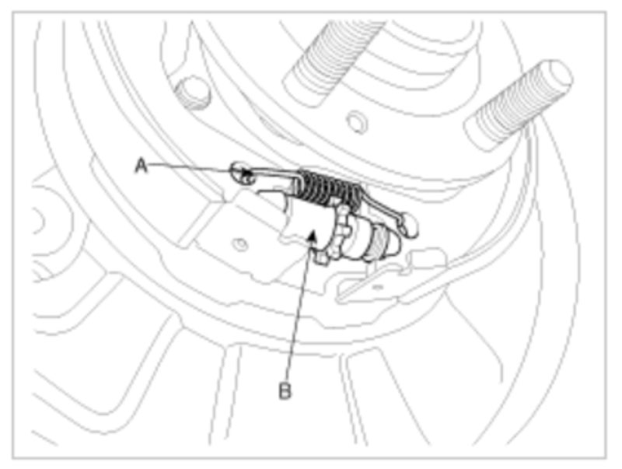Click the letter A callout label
pyautogui.click(x=142, y=166)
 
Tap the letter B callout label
pyautogui.click(x=285, y=390)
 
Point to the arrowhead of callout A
pyautogui.click(x=246, y=172)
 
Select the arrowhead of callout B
pyautogui.click(x=313, y=236)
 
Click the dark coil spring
pyautogui.click(x=328, y=188)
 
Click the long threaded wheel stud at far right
pyautogui.click(x=519, y=105)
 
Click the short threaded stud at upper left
pyautogui.click(x=193, y=93)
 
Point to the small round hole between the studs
pyautogui.click(x=357, y=121)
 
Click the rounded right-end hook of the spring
pyautogui.click(x=409, y=224)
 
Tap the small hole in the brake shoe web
pyautogui.click(x=240, y=243)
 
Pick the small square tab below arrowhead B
pyautogui.click(x=322, y=260)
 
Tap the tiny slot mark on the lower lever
pyautogui.click(x=378, y=285)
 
